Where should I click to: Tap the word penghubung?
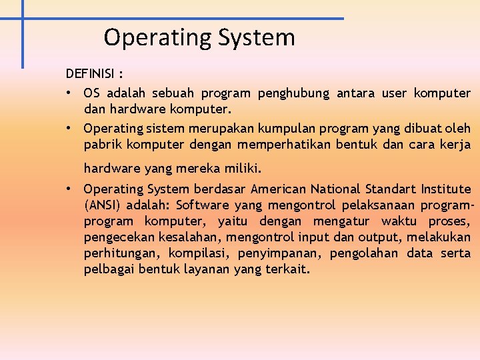coord(293,93)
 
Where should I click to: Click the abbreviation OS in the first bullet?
coord(91,93)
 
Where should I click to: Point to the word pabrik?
coord(100,144)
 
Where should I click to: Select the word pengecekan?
coord(118,237)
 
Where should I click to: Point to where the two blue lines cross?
coord(22,19)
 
